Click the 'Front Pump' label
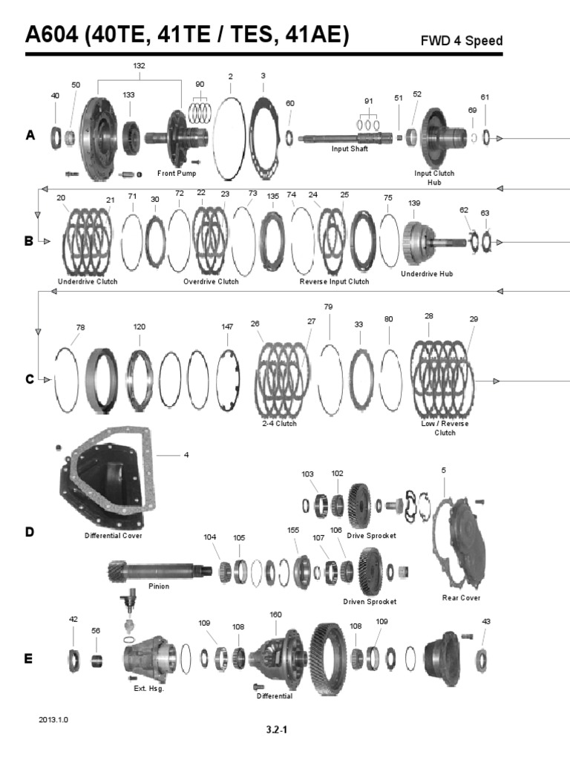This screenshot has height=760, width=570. click(x=177, y=173)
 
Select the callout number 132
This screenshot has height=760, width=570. click(x=140, y=65)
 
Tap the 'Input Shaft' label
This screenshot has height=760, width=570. click(x=350, y=148)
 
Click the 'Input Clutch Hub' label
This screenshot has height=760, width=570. click(x=434, y=177)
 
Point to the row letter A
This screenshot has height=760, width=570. click(x=30, y=135)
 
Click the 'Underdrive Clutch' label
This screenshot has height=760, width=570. click(x=88, y=282)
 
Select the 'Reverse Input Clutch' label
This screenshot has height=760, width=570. click(x=334, y=282)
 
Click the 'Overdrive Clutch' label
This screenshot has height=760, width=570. click(x=212, y=282)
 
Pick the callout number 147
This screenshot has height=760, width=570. click(x=228, y=327)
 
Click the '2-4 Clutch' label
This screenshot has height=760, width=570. click(x=279, y=423)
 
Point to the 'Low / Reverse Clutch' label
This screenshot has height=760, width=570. click(x=445, y=427)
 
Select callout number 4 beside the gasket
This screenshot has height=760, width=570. click(x=186, y=455)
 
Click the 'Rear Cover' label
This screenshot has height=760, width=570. click(x=461, y=597)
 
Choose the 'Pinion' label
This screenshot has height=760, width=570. click(x=159, y=586)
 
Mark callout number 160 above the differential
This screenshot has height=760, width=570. click(x=275, y=615)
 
